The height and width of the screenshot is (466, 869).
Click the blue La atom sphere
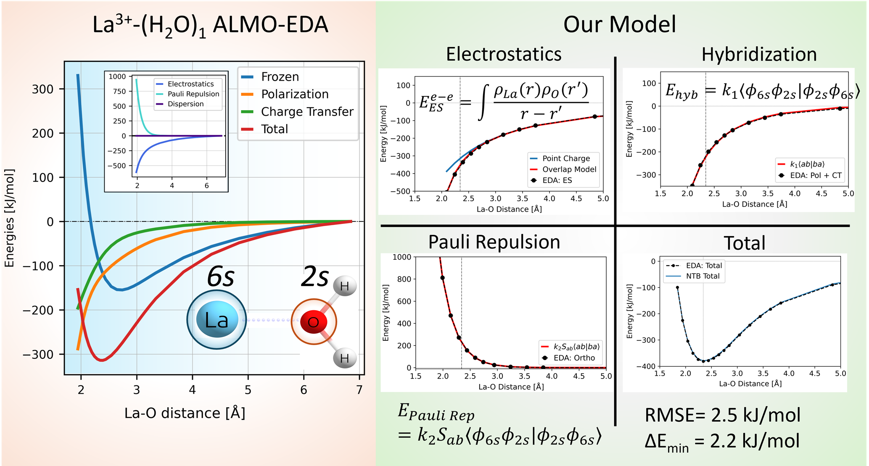pos(217,320)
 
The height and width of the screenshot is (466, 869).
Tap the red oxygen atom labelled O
pos(314,322)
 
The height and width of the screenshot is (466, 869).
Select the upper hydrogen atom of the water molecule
pos(344,286)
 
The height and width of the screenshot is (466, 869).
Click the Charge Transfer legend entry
pos(307,112)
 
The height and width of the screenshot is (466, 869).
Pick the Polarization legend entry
pos(294,94)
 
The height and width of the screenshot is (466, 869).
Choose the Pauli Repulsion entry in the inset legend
pos(193,94)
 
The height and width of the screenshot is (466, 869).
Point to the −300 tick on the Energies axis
pos(38,354)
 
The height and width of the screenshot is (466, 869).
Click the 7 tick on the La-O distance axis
pos(359,390)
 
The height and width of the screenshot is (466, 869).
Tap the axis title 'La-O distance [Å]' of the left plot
pos(185,413)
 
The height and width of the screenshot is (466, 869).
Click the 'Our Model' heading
pos(619,24)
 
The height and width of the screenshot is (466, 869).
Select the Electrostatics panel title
pos(503,54)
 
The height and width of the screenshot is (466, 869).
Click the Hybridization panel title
pos(759,55)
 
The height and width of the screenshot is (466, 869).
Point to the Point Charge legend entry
pos(565,158)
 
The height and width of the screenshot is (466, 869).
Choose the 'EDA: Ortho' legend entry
pos(574,358)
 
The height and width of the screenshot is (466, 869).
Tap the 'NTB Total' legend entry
pos(702,276)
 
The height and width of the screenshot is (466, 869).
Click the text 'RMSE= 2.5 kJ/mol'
pos(722,415)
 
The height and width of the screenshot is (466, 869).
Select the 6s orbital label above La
pos(221,277)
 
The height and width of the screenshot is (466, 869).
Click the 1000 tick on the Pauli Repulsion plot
pos(401,257)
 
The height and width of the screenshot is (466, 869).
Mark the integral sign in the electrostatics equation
pos(484,102)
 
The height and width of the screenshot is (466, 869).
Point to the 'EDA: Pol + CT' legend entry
pos(815,175)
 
